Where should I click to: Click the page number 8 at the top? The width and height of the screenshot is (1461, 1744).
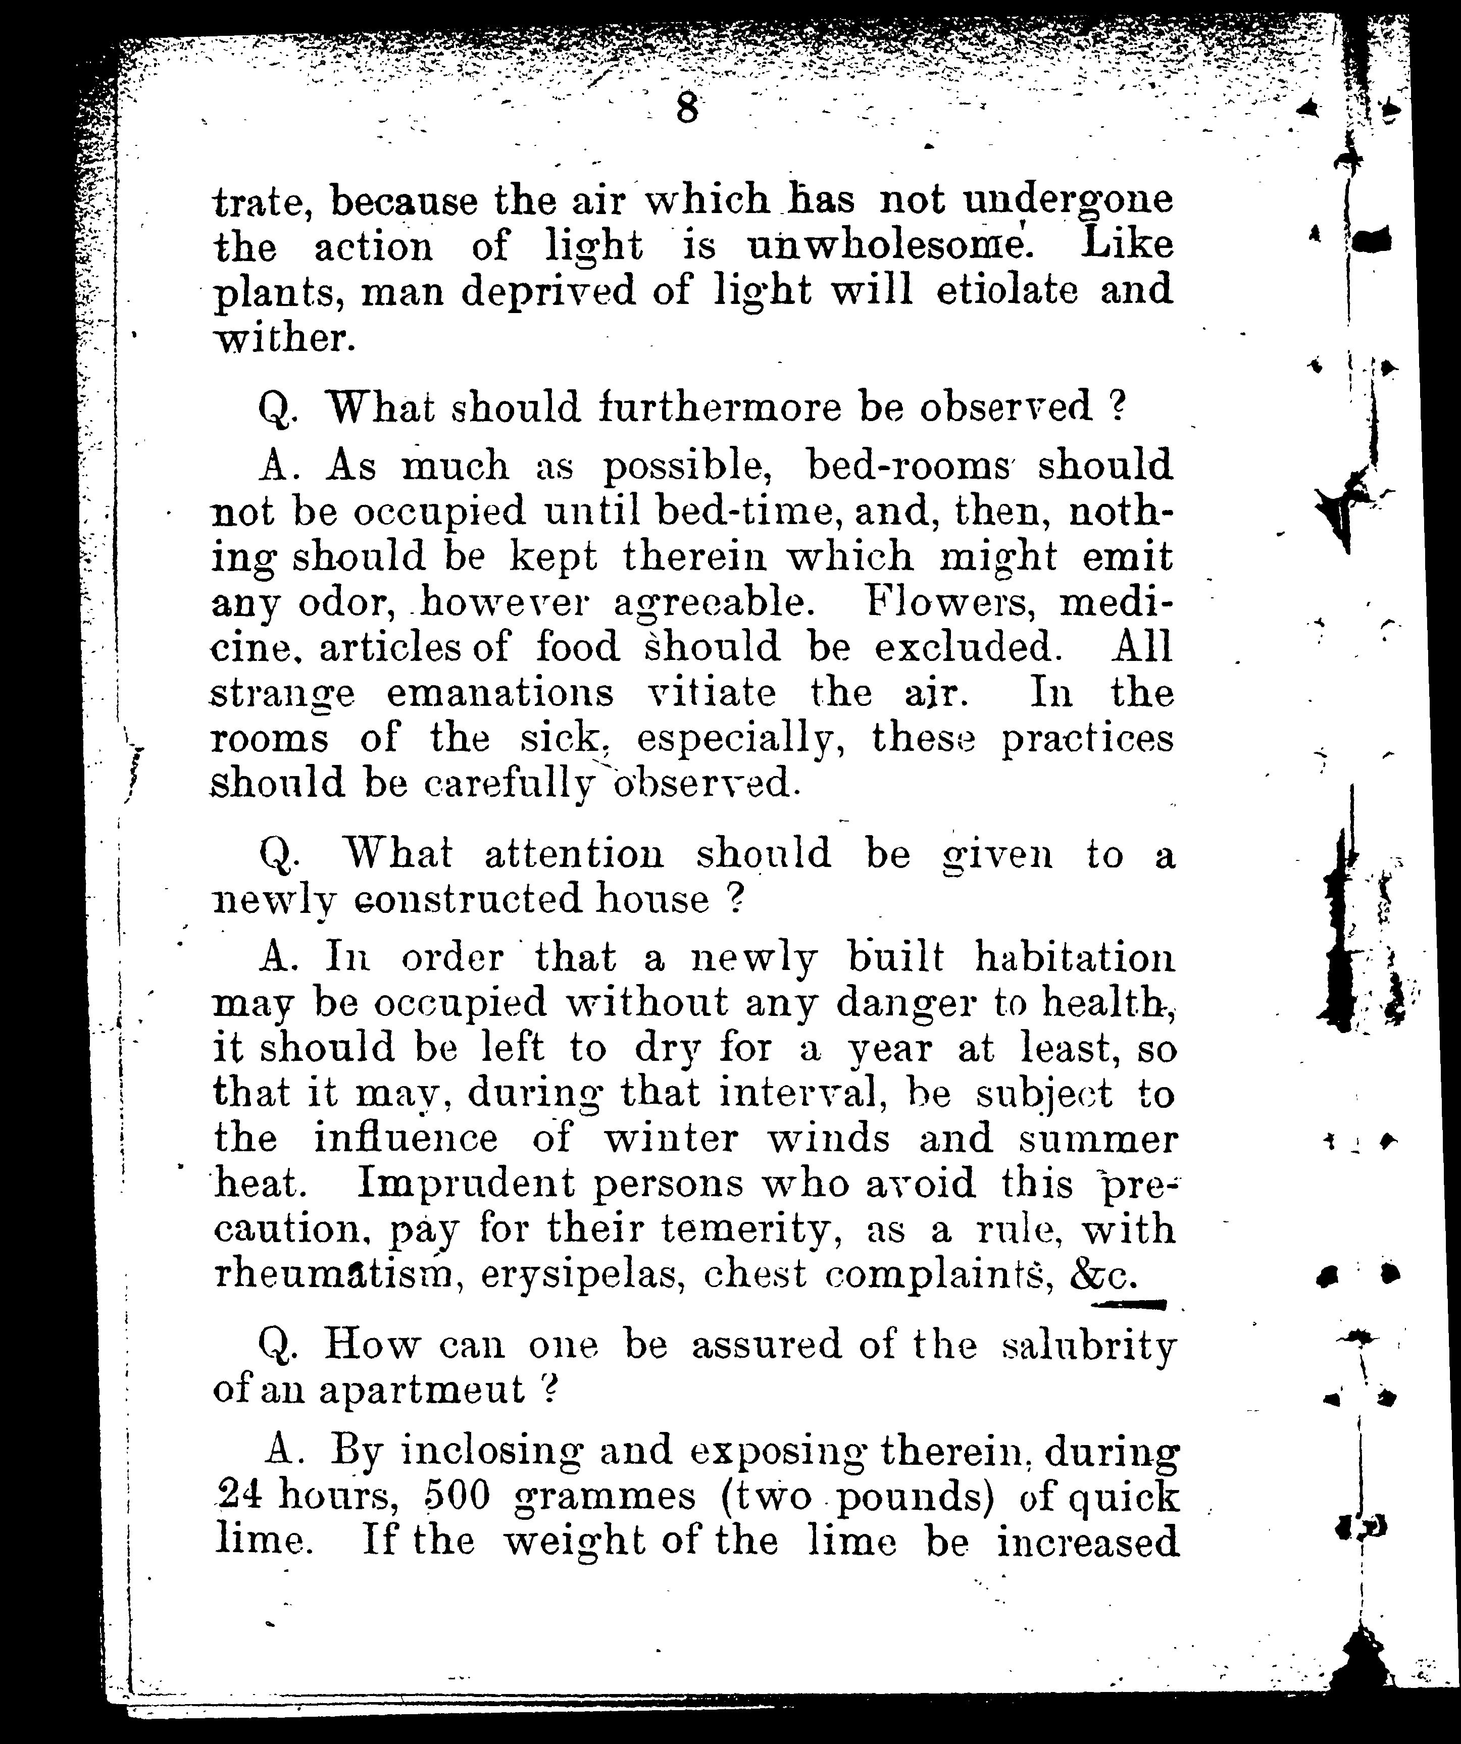686,109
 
